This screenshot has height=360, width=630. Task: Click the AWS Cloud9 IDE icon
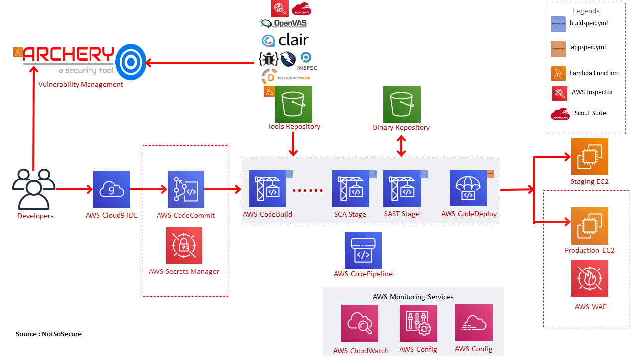click(x=112, y=189)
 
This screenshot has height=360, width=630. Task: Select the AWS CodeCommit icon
click(x=185, y=189)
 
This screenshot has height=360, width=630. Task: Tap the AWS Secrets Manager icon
click(x=184, y=245)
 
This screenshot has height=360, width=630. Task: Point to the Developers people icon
click(x=33, y=189)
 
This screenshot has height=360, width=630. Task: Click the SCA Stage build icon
click(x=351, y=189)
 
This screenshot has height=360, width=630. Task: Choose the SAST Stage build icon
click(x=402, y=189)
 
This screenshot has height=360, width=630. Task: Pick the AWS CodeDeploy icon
click(x=468, y=188)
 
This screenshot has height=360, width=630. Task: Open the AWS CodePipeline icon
click(x=363, y=250)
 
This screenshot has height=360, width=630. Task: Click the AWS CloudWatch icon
click(x=360, y=323)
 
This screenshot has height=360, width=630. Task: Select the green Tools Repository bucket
click(x=293, y=104)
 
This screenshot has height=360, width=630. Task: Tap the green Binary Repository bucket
click(x=402, y=104)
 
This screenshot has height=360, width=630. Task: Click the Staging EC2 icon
click(x=590, y=157)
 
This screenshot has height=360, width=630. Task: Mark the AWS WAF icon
click(x=590, y=278)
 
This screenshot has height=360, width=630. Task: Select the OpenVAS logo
click(x=283, y=23)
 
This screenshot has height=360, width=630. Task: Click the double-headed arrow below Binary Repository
click(x=401, y=145)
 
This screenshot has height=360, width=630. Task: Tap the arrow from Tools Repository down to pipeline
click(x=293, y=144)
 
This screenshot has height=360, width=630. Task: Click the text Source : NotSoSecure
click(x=49, y=334)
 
